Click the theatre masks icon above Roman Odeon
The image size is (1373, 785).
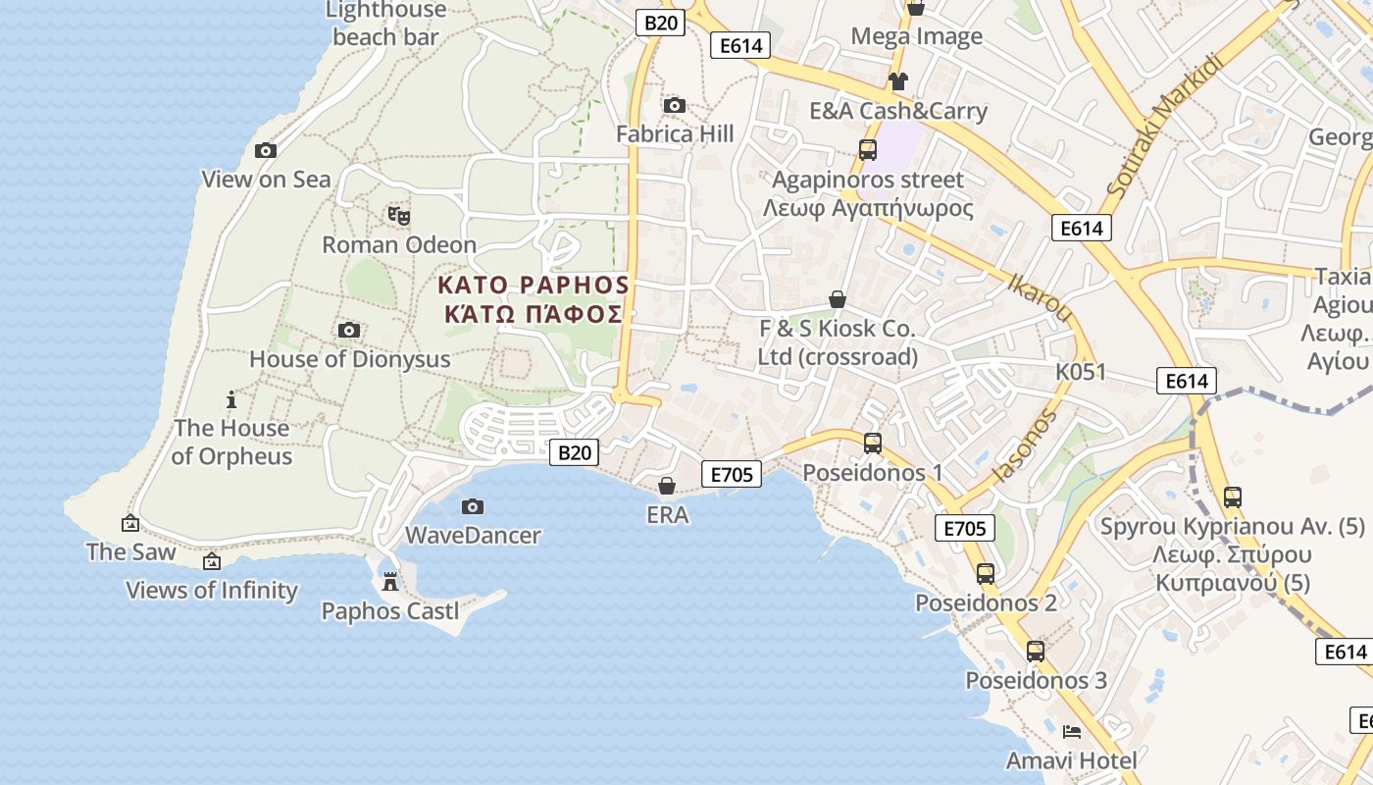click(x=398, y=215)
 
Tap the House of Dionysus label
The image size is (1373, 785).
click(x=349, y=359)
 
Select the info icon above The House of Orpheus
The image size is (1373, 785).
click(x=231, y=399)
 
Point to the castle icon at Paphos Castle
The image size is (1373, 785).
click(x=390, y=582)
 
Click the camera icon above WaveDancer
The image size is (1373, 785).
click(x=473, y=506)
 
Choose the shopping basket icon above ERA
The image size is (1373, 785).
click(x=667, y=486)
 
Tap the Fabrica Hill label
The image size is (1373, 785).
click(x=675, y=133)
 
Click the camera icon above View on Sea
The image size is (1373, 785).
click(x=265, y=150)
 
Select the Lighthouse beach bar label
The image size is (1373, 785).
click(x=385, y=24)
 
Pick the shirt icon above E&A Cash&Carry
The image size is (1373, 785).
click(x=897, y=81)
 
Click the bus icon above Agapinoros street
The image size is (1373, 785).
click(x=868, y=150)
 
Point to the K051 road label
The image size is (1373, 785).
click(x=1081, y=372)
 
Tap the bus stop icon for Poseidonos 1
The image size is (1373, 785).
click(x=873, y=444)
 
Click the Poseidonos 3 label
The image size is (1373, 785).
click(x=1036, y=680)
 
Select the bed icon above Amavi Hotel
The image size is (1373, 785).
click(x=1072, y=732)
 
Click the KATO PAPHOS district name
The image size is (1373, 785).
click(x=533, y=286)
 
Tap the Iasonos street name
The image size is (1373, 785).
click(x=1026, y=446)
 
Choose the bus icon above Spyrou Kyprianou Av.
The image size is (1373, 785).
click(x=1233, y=497)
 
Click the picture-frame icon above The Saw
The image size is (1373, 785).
click(x=129, y=524)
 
